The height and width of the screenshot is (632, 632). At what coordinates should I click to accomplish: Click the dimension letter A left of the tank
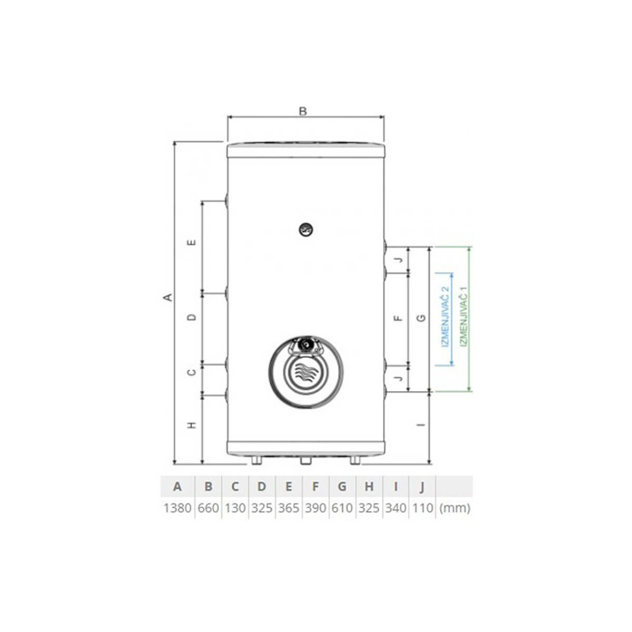click(168, 297)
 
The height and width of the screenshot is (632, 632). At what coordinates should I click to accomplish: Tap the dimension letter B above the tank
click(303, 111)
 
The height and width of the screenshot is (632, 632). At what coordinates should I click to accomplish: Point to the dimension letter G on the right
click(422, 318)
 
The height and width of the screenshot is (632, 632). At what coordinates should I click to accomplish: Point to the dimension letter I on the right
click(422, 425)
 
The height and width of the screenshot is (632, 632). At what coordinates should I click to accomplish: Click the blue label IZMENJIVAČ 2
click(445, 318)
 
